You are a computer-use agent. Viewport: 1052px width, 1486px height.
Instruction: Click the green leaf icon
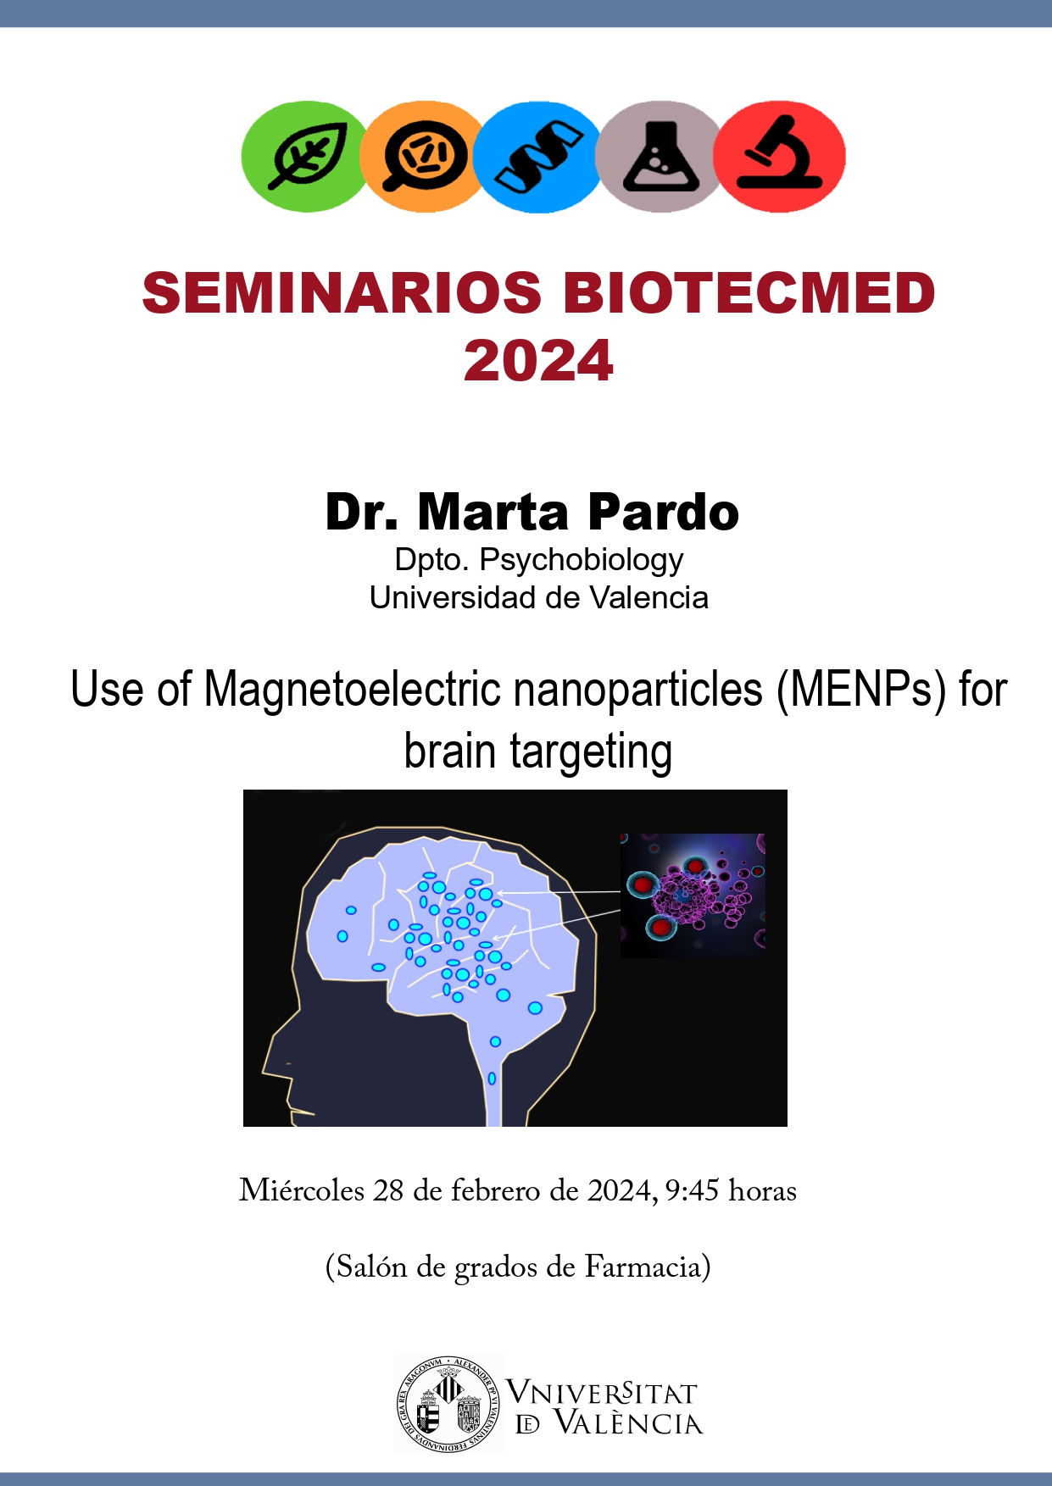point(305,156)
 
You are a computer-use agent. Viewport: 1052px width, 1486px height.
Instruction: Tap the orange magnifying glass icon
point(422,156)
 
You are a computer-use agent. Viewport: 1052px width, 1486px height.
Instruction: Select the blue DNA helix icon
point(537,156)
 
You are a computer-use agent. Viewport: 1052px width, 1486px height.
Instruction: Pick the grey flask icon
point(660,156)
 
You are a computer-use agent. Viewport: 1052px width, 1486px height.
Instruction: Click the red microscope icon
point(780,156)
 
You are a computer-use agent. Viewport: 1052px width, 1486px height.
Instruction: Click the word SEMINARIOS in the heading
point(342,293)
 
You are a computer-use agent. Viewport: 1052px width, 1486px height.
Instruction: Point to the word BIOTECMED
point(749,293)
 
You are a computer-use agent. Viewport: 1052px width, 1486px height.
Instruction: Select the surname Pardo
point(663,513)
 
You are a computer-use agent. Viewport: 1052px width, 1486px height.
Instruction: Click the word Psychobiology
point(582,561)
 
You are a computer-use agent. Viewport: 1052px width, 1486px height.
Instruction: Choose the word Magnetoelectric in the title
point(355,689)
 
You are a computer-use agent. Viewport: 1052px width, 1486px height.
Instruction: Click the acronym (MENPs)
point(861,690)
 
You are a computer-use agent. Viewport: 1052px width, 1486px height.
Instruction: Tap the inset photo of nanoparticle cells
point(693,895)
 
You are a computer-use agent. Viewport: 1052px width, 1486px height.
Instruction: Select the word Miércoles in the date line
point(302,1190)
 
